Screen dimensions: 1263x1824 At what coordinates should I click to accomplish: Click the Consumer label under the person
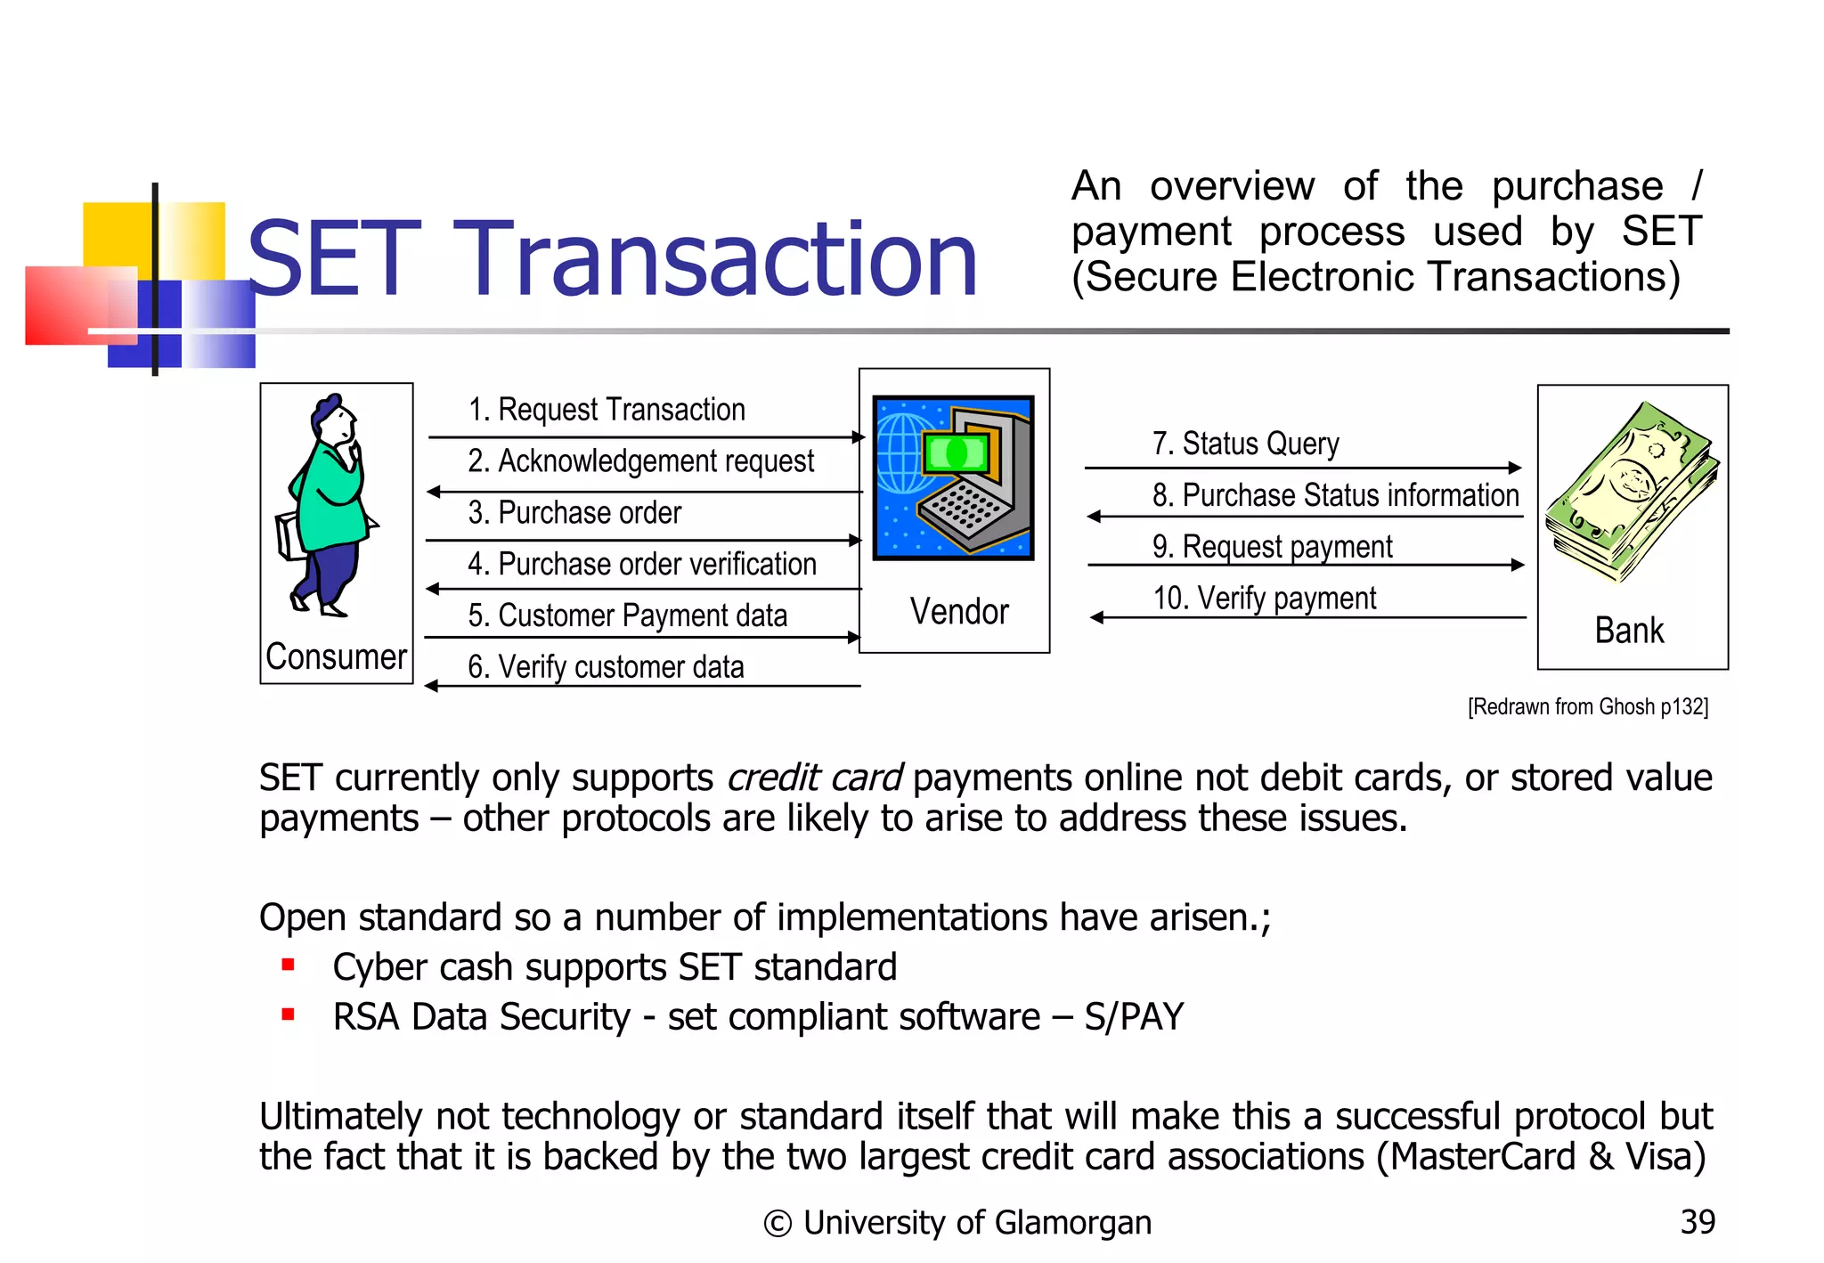(x=336, y=656)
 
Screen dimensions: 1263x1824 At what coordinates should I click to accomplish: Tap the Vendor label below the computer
(x=959, y=612)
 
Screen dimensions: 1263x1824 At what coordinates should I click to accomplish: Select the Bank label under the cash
(x=1629, y=631)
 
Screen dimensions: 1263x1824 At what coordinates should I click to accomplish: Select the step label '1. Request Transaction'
(x=607, y=410)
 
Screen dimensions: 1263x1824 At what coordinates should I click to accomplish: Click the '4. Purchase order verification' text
(x=641, y=564)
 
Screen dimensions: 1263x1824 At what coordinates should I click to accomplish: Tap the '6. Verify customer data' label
(x=606, y=667)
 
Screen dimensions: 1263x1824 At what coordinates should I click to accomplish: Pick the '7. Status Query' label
(x=1245, y=444)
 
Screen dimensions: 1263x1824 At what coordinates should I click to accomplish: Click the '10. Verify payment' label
(x=1265, y=599)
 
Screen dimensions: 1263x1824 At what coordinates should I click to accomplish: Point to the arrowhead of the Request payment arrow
(x=1518, y=565)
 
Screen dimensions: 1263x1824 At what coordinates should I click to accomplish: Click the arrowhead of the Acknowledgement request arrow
(x=434, y=492)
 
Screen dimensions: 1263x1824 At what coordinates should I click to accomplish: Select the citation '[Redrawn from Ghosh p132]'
(x=1588, y=707)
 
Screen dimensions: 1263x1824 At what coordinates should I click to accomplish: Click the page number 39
(x=1698, y=1222)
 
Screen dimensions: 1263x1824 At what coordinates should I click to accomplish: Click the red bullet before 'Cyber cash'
(x=288, y=965)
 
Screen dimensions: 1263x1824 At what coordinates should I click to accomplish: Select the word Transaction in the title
(x=717, y=261)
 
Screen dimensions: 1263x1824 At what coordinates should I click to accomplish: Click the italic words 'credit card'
(x=814, y=778)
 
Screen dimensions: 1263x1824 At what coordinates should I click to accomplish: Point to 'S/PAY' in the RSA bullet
(x=1134, y=1017)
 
